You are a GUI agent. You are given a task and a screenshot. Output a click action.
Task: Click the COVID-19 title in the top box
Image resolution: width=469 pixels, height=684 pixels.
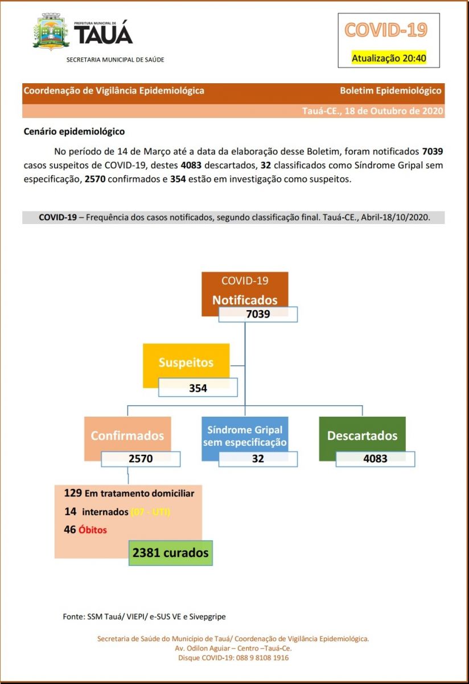(385, 30)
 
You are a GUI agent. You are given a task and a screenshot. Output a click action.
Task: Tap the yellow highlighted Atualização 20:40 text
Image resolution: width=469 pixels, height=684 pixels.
(389, 58)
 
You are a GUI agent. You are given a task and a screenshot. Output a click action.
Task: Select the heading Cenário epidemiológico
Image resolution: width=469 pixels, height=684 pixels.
(74, 132)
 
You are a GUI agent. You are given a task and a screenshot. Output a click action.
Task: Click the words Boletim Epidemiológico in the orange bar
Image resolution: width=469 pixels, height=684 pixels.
(390, 91)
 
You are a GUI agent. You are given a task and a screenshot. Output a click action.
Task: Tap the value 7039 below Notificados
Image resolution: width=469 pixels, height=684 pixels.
(258, 314)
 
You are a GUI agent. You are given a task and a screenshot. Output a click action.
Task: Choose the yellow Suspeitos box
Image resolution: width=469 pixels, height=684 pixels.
(186, 362)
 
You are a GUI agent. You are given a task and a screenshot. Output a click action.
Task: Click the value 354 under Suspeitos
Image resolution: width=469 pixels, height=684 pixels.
(198, 388)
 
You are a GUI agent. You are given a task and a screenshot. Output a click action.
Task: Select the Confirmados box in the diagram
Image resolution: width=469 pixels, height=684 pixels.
(127, 436)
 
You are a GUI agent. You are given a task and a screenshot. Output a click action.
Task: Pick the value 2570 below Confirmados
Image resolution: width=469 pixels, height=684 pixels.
(141, 459)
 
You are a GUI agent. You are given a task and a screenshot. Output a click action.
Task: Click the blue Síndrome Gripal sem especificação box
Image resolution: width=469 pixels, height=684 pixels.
(245, 436)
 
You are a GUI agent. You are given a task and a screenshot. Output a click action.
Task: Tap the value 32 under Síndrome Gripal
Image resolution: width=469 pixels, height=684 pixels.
(258, 458)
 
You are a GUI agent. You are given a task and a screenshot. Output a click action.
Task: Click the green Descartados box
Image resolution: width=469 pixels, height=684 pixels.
(362, 436)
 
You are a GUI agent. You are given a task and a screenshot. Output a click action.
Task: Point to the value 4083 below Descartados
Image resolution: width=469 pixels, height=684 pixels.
(375, 458)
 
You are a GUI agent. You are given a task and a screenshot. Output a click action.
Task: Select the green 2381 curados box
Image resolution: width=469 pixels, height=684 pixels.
(170, 553)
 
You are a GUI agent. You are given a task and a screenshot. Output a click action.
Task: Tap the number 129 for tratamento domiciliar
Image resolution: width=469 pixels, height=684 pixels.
(73, 492)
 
